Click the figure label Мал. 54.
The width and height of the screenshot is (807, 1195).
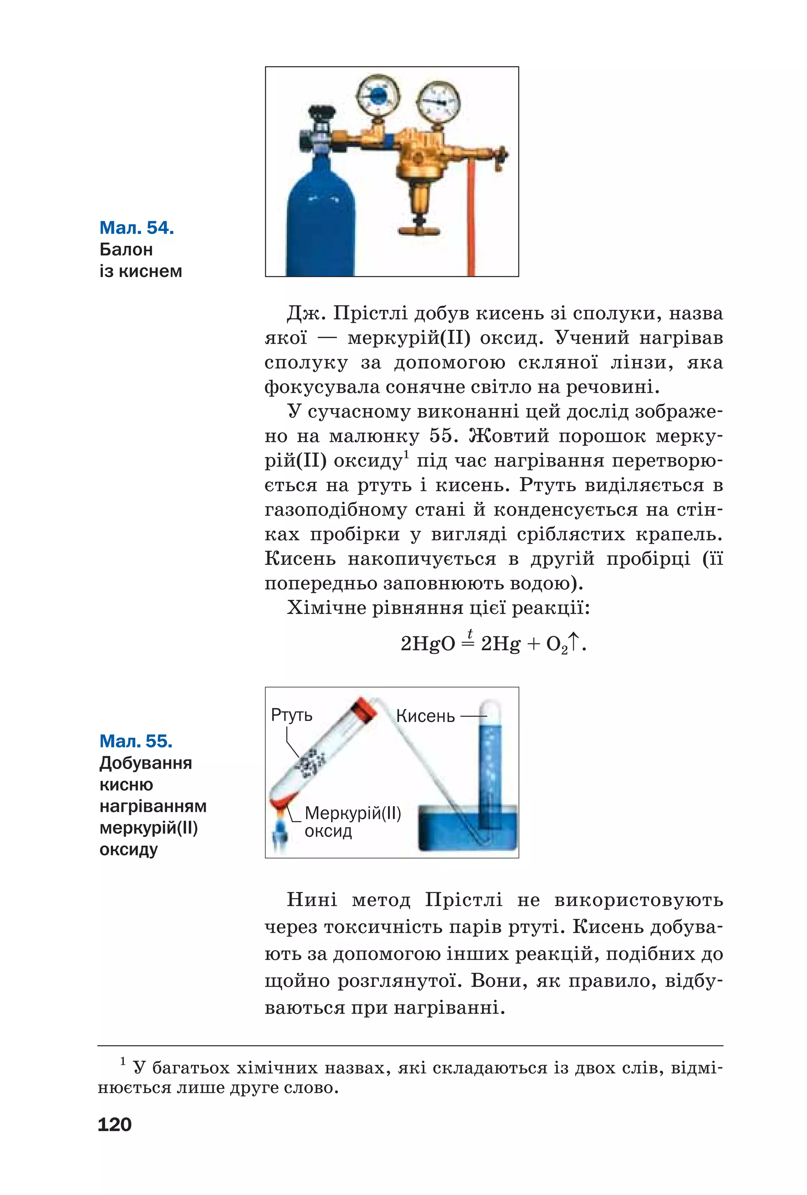pos(136,227)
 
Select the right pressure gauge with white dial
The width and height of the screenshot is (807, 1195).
pos(438,101)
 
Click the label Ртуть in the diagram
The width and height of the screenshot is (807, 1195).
pos(291,715)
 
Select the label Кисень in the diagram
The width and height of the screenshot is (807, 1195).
pos(425,716)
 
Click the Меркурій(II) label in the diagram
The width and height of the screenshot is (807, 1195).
pos(352,813)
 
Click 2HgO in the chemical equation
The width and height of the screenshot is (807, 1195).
pos(428,644)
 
